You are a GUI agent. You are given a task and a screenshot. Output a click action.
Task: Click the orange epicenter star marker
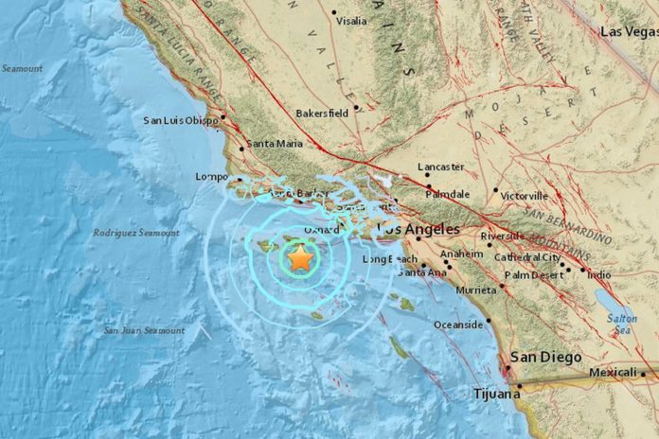[300, 257]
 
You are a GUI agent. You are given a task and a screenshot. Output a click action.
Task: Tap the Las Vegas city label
[629, 31]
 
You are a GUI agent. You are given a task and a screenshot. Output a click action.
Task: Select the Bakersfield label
[322, 112]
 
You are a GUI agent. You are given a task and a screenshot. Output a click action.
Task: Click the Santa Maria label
[274, 144]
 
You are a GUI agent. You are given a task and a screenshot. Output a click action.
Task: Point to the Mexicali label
[612, 373]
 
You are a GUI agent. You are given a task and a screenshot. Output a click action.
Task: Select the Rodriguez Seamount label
[136, 233]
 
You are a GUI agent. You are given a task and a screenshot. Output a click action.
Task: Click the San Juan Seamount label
[145, 330]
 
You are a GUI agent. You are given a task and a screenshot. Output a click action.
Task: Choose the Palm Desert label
[532, 275]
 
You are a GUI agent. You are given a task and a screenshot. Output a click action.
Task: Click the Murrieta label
[475, 290]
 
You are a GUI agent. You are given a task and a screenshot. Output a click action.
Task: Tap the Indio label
[598, 275]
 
